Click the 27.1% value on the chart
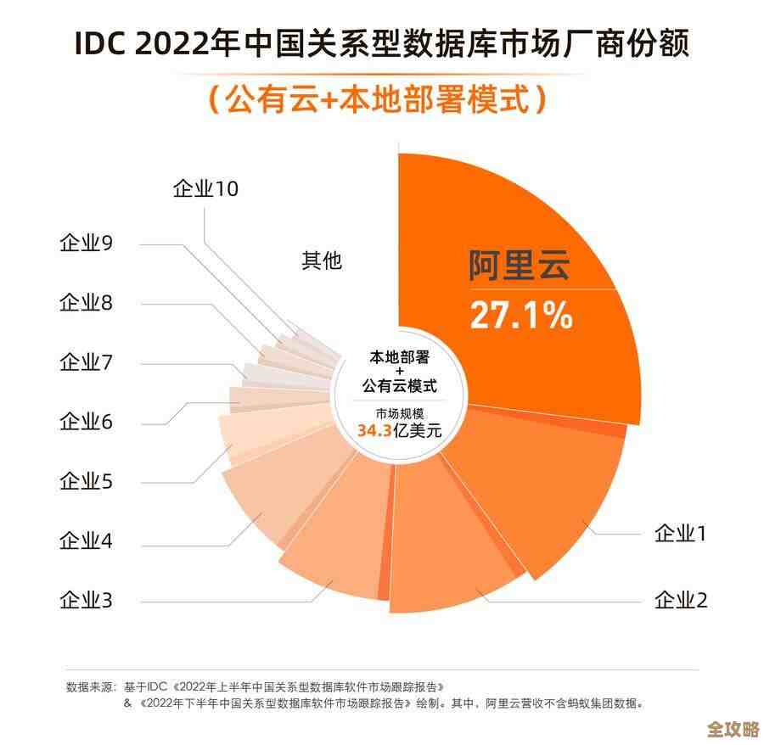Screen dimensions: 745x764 [521, 315]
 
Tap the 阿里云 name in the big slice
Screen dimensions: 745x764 [520, 266]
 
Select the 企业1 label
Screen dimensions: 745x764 [681, 534]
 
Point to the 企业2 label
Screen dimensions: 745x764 [681, 601]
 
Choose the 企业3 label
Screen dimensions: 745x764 [86, 601]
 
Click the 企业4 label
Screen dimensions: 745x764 [86, 541]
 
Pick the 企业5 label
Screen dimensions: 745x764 [86, 481]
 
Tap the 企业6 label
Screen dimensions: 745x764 [86, 422]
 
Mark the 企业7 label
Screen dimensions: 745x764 [86, 362]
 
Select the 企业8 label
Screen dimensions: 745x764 [86, 303]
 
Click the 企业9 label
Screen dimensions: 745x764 [86, 244]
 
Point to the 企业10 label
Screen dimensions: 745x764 [205, 188]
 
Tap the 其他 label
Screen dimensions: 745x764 [322, 260]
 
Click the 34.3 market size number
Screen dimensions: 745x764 [374, 430]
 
